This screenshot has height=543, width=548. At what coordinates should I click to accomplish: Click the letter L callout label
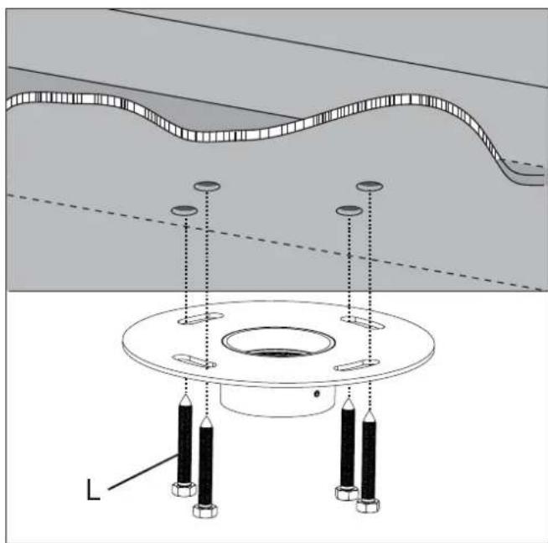coord(93,489)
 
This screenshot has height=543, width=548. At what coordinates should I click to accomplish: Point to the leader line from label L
coord(143,472)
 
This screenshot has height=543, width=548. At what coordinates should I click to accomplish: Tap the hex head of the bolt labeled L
coord(184,489)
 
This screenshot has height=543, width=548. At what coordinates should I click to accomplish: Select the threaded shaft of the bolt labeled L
coord(185,444)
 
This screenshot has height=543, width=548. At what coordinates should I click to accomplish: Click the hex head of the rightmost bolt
coord(368,505)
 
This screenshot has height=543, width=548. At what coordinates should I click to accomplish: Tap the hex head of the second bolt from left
coord(205,510)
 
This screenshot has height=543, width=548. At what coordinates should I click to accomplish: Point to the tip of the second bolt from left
coord(207,417)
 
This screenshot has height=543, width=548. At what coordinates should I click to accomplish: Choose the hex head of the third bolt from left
coord(347,493)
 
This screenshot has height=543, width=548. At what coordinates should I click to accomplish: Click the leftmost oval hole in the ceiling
coord(184,210)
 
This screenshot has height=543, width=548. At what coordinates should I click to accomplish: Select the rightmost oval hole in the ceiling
coord(370,186)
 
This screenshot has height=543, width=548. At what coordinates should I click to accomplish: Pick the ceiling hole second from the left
coord(207,186)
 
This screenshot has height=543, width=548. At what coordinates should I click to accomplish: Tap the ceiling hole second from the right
coord(349,210)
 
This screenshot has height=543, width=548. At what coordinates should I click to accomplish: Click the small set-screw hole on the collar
coord(317,394)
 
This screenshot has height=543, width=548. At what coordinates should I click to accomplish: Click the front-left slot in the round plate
coord(194,361)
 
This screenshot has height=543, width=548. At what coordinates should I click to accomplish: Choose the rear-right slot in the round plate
coord(363,323)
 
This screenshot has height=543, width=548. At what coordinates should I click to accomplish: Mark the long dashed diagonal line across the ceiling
coord(274,242)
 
